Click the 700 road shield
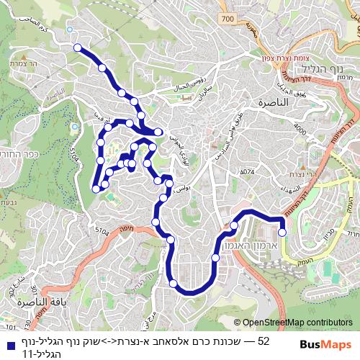(x=228, y=18)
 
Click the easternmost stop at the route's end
(x=282, y=232)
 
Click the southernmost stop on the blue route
(x=173, y=284)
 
